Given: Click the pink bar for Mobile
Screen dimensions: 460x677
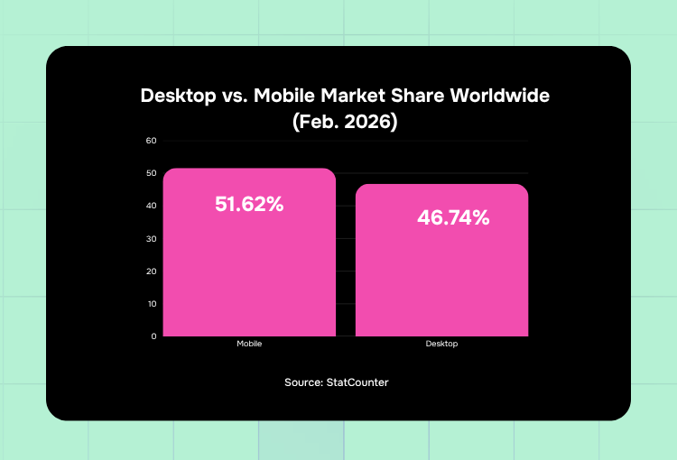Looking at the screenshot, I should coord(249,262).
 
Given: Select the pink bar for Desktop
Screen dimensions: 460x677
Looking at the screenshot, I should coord(441,271).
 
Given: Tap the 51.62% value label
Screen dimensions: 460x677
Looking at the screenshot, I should coord(249,205).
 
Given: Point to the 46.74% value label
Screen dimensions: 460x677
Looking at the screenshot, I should coord(453,217).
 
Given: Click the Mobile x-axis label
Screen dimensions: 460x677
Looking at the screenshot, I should coord(249,345).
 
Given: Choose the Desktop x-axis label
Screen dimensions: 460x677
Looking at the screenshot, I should coord(441,345).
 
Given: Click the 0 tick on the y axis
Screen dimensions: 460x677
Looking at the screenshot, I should coord(153,336).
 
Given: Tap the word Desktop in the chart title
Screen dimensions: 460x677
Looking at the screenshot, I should coord(177,96).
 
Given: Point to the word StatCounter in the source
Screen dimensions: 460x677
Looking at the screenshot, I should coord(358,382).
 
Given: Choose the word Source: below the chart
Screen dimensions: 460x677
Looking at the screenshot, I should coord(305,382).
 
